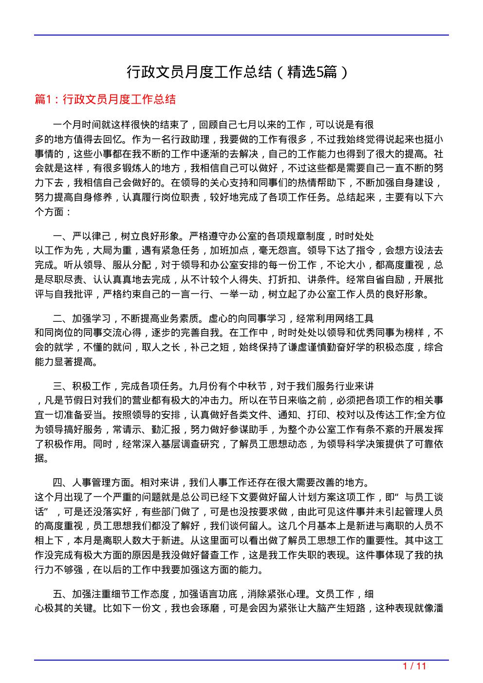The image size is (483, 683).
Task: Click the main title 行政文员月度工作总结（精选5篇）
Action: [x=238, y=73]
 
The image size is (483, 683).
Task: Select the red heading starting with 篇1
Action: [x=106, y=100]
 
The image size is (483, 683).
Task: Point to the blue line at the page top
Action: [x=241, y=35]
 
